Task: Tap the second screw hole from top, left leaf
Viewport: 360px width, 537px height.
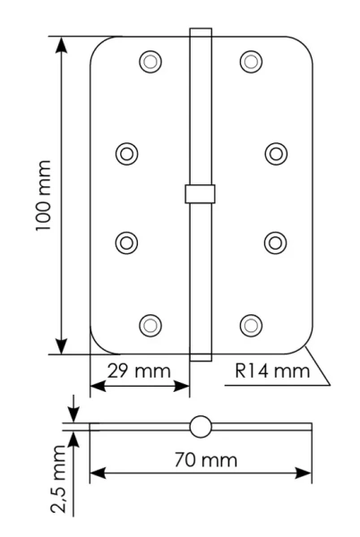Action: pyautogui.click(x=127, y=153)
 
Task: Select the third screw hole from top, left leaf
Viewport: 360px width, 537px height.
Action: pyautogui.click(x=127, y=241)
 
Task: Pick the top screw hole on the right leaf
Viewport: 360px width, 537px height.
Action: pyautogui.click(x=252, y=62)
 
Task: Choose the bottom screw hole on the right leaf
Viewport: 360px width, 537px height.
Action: pyautogui.click(x=252, y=323)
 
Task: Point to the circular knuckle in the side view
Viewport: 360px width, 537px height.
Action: pyautogui.click(x=201, y=427)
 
